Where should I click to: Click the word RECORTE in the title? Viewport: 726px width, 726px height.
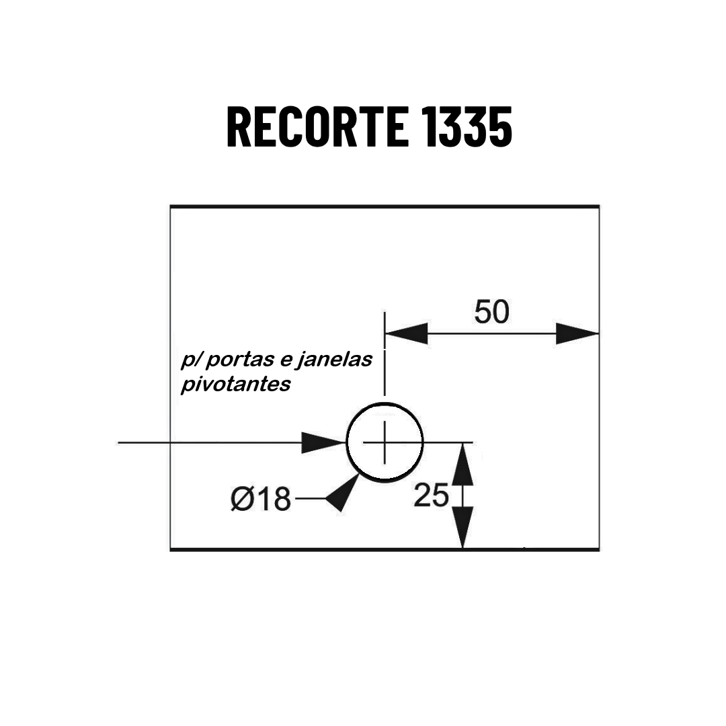tap(318, 126)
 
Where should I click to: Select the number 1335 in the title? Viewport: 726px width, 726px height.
tap(468, 126)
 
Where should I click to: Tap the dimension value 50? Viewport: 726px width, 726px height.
tap(491, 312)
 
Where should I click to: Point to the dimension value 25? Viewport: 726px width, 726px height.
tap(431, 495)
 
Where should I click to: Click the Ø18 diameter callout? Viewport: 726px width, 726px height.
tap(261, 499)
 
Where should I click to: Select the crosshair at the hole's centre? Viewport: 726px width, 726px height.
tap(385, 442)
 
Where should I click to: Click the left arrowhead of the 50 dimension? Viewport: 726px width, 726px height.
tap(406, 333)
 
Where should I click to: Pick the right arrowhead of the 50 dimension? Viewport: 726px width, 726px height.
tap(577, 333)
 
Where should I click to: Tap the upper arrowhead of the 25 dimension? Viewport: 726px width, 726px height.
tap(462, 464)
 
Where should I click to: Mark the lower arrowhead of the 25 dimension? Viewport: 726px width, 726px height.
tap(462, 528)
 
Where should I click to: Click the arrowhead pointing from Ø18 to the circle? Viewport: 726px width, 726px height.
tap(343, 493)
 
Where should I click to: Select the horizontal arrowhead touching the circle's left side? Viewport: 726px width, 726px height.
tap(323, 442)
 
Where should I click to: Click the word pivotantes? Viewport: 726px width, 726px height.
tap(236, 384)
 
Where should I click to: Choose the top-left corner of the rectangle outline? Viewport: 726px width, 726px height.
tap(171, 206)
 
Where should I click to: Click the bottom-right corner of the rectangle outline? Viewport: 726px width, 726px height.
tap(599, 550)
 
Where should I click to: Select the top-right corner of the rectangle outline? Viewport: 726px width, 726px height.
tap(599, 206)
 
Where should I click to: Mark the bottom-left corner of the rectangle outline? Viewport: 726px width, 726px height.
tap(171, 550)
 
